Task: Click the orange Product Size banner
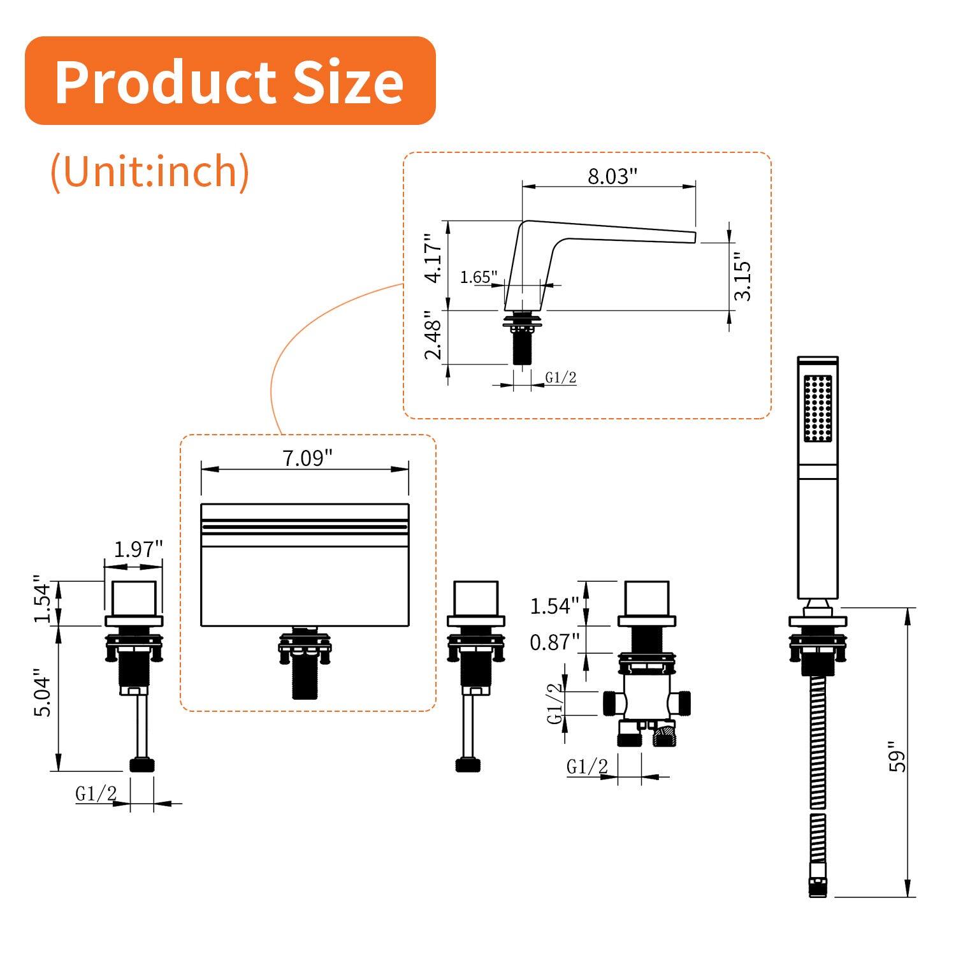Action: pyautogui.click(x=229, y=81)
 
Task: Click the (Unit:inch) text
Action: pyautogui.click(x=150, y=171)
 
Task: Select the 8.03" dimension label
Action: pyautogui.click(x=612, y=176)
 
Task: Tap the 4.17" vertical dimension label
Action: pyautogui.click(x=433, y=258)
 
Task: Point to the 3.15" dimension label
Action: pyautogui.click(x=742, y=279)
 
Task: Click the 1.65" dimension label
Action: pyautogui.click(x=478, y=277)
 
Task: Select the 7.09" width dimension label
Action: pyautogui.click(x=307, y=458)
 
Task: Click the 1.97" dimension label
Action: pyautogui.click(x=138, y=549)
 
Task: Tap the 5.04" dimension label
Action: pyautogui.click(x=43, y=693)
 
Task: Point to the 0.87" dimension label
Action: pyautogui.click(x=554, y=642)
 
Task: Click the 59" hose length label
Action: pyautogui.click(x=897, y=757)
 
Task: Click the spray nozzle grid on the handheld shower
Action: pyautogui.click(x=818, y=408)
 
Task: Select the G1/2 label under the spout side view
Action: pyautogui.click(x=561, y=378)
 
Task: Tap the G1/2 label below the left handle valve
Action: pyautogui.click(x=96, y=793)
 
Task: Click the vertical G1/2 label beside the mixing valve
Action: pyautogui.click(x=555, y=703)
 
